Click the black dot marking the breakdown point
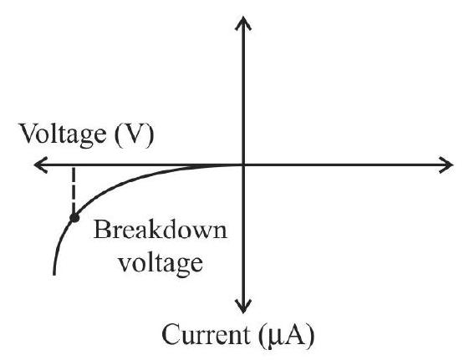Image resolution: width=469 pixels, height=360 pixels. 74,218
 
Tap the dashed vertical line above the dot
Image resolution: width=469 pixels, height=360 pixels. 74,190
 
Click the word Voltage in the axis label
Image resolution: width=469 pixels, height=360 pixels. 63,134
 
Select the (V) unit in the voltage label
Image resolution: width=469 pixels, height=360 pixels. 134,135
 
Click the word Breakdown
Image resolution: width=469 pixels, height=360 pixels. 160,230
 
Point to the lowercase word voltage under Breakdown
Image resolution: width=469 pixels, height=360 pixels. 161,263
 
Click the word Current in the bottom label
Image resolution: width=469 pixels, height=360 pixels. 206,335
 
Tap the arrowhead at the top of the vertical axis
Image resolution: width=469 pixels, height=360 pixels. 243,23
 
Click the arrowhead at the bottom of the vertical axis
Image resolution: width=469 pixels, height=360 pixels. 243,306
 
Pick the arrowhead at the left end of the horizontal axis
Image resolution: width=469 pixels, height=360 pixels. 40,165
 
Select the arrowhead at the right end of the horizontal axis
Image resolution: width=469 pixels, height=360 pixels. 446,165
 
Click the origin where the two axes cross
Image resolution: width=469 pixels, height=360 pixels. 243,165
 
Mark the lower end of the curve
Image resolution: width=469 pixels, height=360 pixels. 54,274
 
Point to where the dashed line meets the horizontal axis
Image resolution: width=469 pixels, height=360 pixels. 74,165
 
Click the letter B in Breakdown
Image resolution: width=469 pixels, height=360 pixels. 102,230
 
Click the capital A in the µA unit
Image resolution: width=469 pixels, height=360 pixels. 293,334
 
